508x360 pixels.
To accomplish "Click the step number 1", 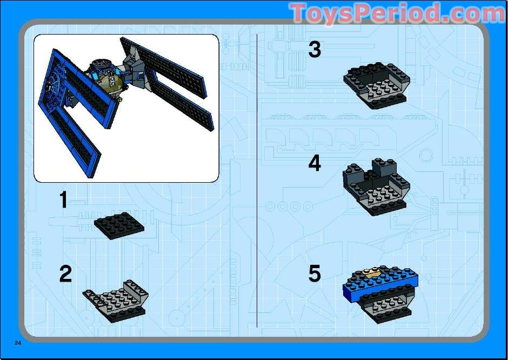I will coord(64,200).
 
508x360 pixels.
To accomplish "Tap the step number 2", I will coord(65,274).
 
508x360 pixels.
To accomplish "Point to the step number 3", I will coord(315,50).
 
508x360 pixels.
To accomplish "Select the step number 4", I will coord(315,163).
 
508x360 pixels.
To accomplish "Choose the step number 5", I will coord(315,274).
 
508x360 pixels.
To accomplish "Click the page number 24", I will coord(18,343).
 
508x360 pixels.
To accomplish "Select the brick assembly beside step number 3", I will coord(377,84).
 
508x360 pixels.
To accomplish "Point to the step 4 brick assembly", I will coord(377,186).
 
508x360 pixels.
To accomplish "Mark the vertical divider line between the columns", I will coord(257,178).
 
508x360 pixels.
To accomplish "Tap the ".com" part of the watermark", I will coord(476,14).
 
